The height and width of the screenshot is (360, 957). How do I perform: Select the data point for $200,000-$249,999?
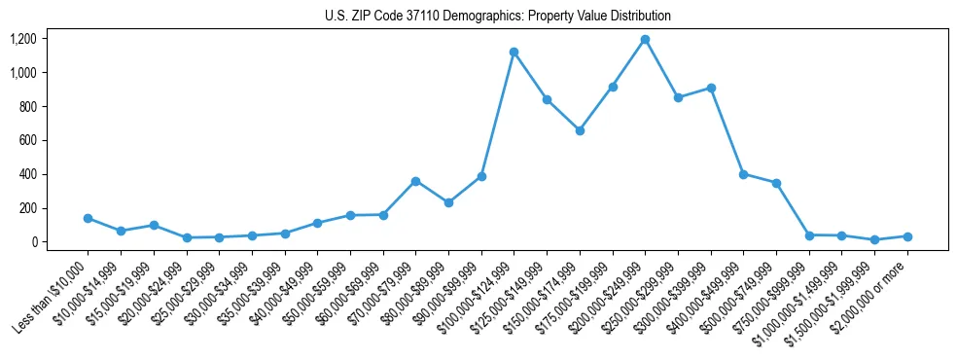click(645, 40)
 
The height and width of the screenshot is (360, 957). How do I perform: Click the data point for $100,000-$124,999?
click(514, 52)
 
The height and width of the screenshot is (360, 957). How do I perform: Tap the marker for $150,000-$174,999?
click(580, 130)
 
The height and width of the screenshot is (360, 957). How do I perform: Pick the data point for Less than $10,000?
click(88, 218)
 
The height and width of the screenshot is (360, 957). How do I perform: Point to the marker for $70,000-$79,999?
click(415, 181)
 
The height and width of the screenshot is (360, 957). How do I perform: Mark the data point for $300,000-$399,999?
click(711, 88)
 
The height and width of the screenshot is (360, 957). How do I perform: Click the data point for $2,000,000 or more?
click(907, 236)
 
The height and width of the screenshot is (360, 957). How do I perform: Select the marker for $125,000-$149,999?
click(547, 99)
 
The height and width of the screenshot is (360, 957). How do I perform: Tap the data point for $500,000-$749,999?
click(776, 183)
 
